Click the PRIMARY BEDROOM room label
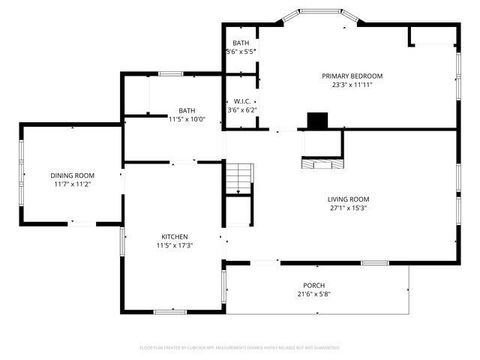coord(351,76)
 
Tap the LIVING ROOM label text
coord(348,199)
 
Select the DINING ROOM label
coord(72,176)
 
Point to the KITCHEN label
coord(175,237)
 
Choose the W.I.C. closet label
coord(242,101)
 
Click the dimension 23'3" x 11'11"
coord(351,85)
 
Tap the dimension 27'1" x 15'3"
coord(348,208)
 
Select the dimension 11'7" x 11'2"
coord(72,185)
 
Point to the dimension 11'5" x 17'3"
coord(175,246)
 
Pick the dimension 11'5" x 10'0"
coord(187,119)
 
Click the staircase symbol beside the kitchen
coord(237,179)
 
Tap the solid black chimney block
coord(318,121)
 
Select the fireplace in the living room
coord(322,154)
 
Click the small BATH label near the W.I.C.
coord(241,43)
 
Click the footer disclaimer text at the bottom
coord(240,347)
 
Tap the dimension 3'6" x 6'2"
coord(242,110)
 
